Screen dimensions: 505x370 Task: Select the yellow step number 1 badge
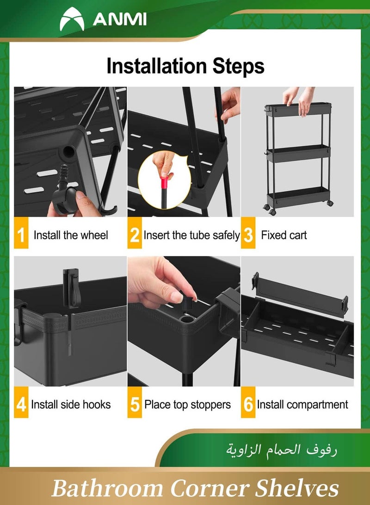21,235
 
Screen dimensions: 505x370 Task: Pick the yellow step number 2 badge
135,235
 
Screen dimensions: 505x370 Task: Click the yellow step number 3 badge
248,235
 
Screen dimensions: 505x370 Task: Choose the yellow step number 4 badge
21,405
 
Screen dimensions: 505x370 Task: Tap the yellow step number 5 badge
135,405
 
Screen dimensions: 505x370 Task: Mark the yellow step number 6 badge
248,405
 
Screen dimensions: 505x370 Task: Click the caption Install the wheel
71,235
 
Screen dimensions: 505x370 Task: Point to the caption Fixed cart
284,235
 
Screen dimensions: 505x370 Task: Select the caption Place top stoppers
187,405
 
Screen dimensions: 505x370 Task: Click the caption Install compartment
302,405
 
